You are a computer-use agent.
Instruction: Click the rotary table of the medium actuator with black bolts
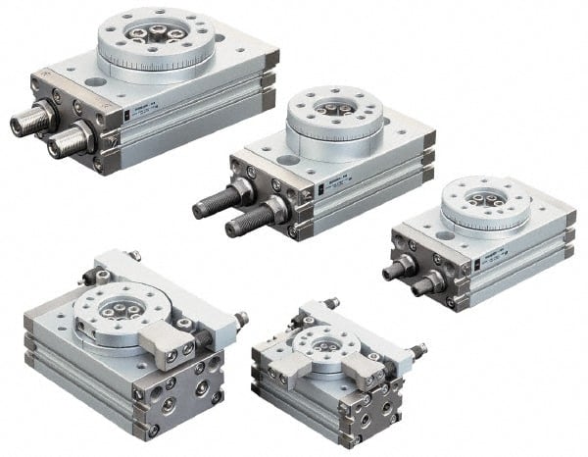(332, 115)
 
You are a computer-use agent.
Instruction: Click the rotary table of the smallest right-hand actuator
(485, 202)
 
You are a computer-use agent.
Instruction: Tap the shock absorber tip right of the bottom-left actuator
(241, 319)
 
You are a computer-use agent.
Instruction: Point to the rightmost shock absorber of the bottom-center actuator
(418, 348)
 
